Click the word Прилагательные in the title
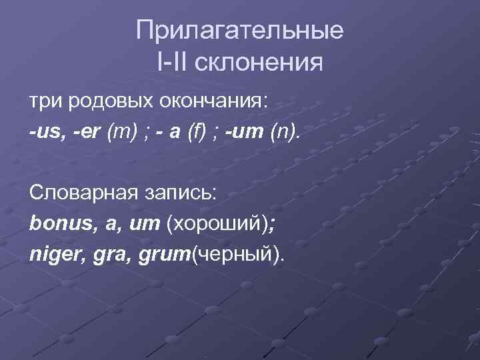[239, 31]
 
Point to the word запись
[179, 193]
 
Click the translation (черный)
[236, 253]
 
